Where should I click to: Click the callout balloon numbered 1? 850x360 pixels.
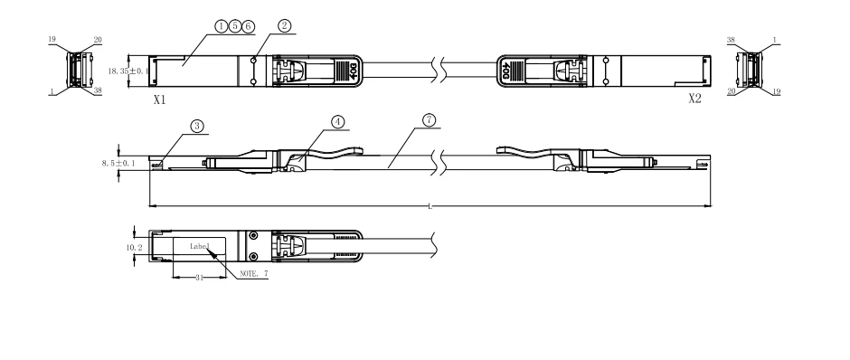[222, 26]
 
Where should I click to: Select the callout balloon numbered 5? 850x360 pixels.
[235, 26]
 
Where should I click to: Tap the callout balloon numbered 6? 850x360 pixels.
[249, 26]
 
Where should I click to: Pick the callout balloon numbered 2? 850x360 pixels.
[285, 26]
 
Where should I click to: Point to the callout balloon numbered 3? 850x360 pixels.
[197, 127]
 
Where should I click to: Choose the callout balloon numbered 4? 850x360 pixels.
[337, 122]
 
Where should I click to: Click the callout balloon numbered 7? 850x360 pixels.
[429, 119]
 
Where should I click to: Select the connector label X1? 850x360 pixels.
[159, 99]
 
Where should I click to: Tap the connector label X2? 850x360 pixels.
[695, 99]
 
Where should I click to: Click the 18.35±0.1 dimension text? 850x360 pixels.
[128, 71]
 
